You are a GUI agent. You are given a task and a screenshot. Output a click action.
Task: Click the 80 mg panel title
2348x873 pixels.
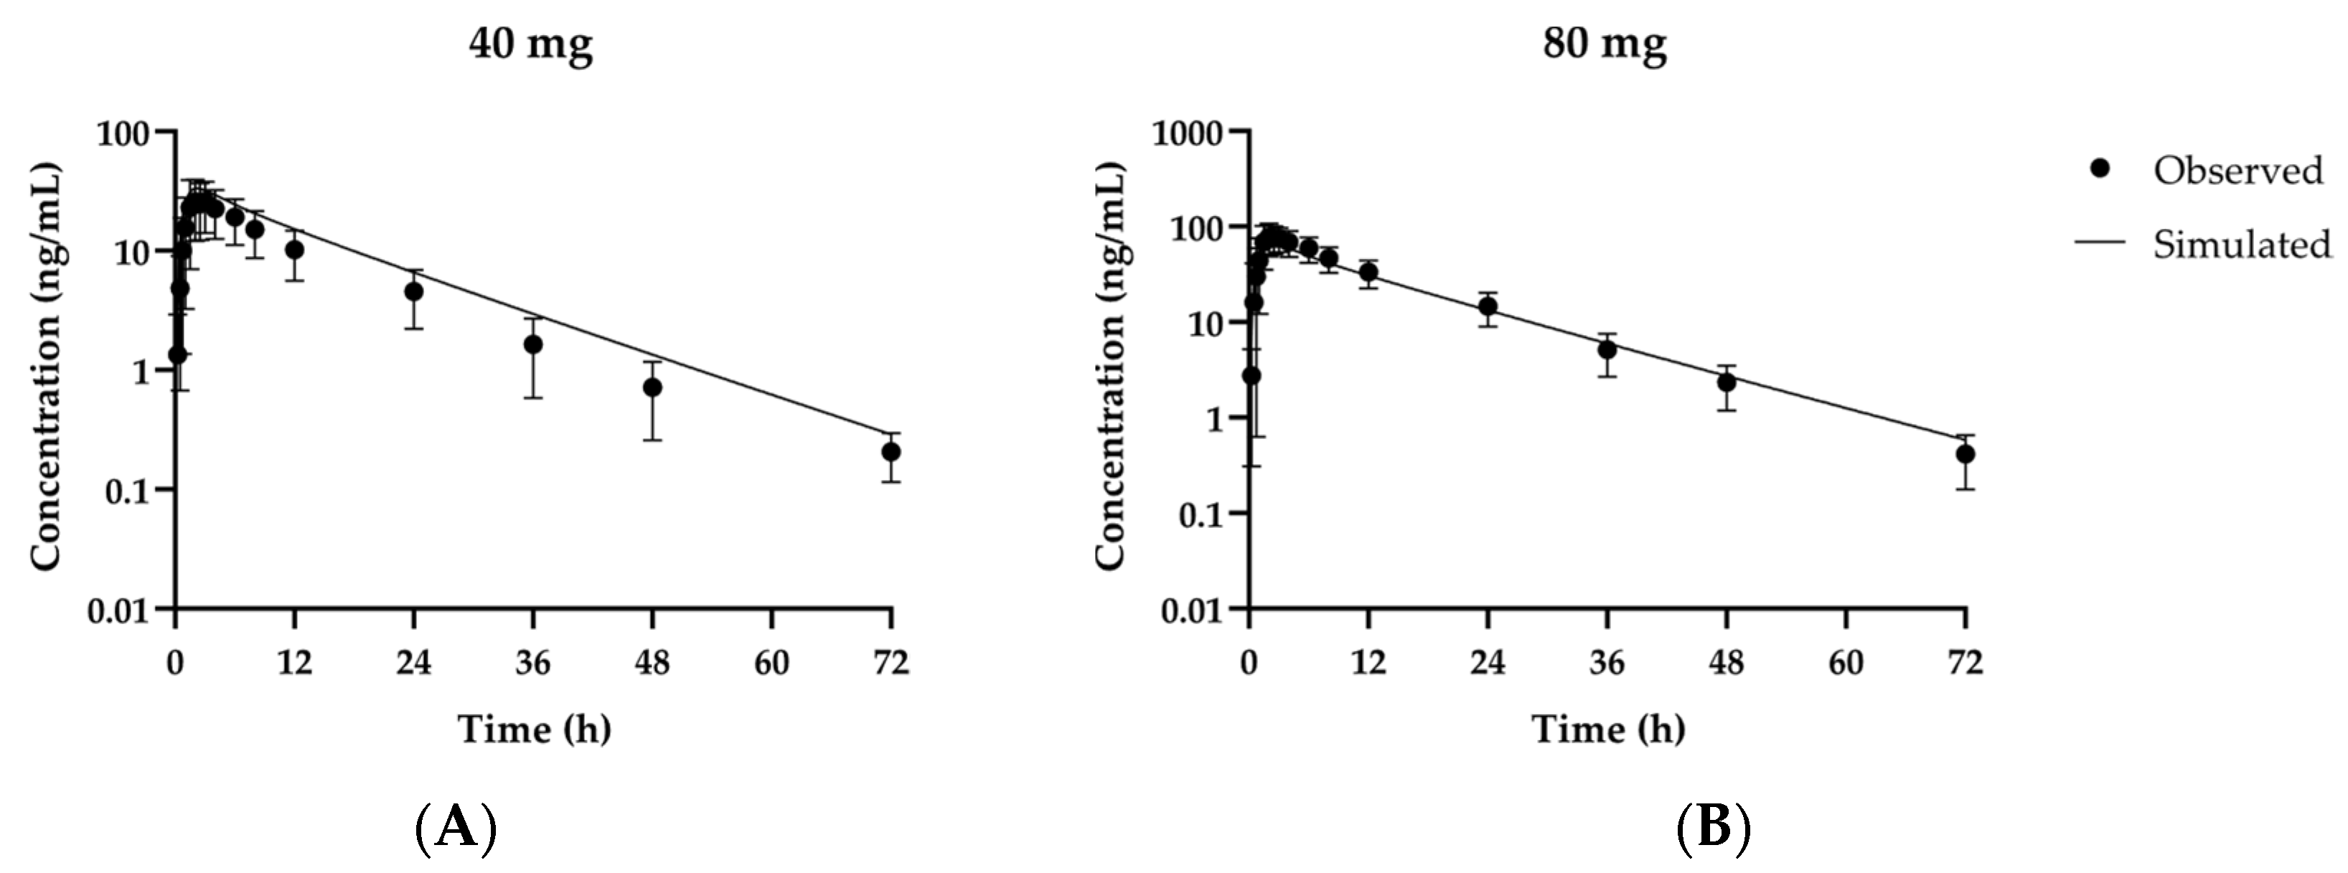pyautogui.click(x=1605, y=44)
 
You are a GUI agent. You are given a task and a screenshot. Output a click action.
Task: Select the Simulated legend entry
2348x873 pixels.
pyautogui.click(x=2241, y=244)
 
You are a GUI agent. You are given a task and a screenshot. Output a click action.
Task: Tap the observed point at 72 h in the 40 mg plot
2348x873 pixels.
pyautogui.click(x=891, y=451)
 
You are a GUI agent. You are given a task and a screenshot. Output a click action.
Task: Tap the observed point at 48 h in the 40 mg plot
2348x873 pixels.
pyautogui.click(x=652, y=387)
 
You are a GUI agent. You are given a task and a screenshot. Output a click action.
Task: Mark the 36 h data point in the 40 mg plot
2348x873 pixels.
pyautogui.click(x=533, y=344)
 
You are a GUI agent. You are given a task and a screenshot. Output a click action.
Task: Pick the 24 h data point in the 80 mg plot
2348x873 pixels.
pyautogui.click(x=1488, y=306)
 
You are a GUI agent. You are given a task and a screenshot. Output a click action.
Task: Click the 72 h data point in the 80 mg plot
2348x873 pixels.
pyautogui.click(x=1966, y=454)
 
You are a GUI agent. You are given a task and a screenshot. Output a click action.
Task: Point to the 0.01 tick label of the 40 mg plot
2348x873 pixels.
pyautogui.click(x=117, y=610)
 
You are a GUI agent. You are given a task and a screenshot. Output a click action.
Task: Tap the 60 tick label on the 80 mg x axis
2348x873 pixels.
pyautogui.click(x=1846, y=663)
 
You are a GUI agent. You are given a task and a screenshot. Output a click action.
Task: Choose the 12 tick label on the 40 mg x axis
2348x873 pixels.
pyautogui.click(x=293, y=663)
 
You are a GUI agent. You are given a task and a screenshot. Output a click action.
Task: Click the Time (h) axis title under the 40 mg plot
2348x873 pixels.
pyautogui.click(x=534, y=729)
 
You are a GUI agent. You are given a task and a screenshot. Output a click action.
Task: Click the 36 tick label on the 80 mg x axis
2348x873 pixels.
pyautogui.click(x=1607, y=663)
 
